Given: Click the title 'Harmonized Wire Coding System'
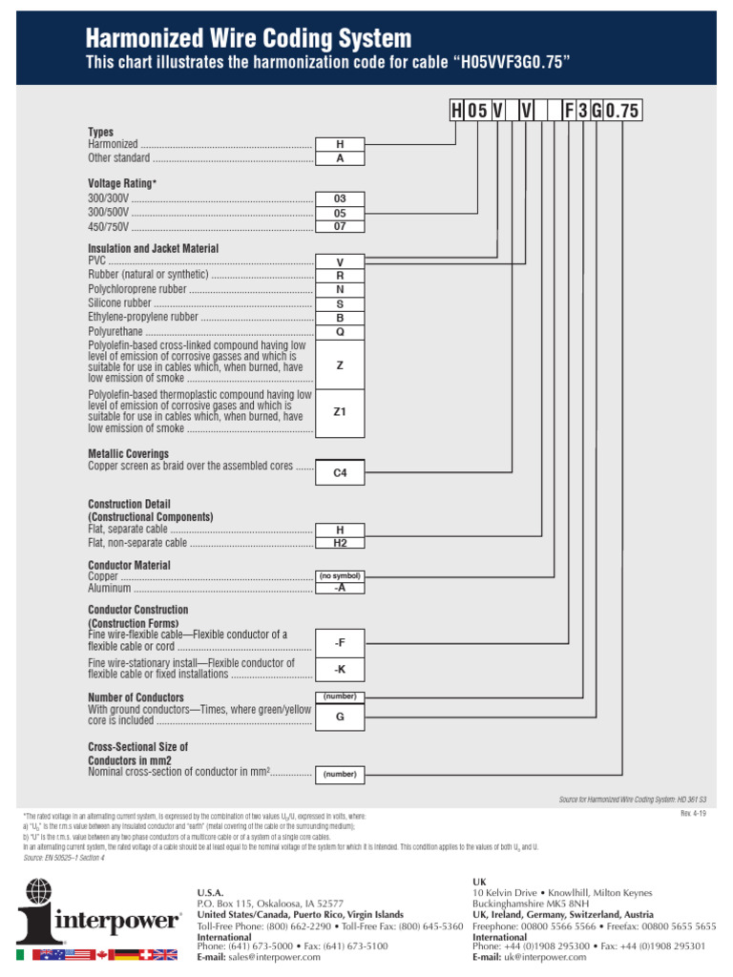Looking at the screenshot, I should [249, 39].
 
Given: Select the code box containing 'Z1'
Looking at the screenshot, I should [340, 412].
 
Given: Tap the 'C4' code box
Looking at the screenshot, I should [340, 472].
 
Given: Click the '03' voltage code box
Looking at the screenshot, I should [340, 198].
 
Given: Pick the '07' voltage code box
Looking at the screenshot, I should [340, 227].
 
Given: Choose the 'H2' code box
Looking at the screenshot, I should [340, 543].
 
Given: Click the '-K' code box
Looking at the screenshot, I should [340, 670].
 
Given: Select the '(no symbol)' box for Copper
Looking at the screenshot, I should [340, 576].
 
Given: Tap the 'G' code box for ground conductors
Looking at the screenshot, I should [340, 717].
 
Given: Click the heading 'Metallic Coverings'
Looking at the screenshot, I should [128, 454].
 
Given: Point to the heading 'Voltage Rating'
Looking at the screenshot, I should [121, 182].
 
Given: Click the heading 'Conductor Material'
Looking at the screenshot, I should [129, 565].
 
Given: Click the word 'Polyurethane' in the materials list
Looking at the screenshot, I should [115, 331].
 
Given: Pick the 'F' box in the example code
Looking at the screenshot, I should [569, 111].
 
